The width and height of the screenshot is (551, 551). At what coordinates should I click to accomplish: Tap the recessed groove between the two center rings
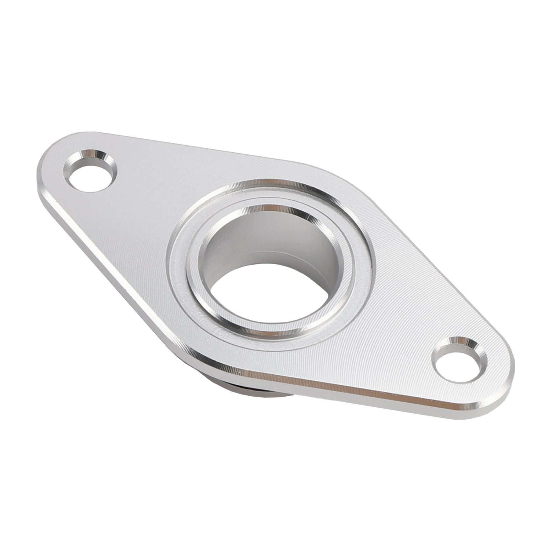click(x=183, y=269)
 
